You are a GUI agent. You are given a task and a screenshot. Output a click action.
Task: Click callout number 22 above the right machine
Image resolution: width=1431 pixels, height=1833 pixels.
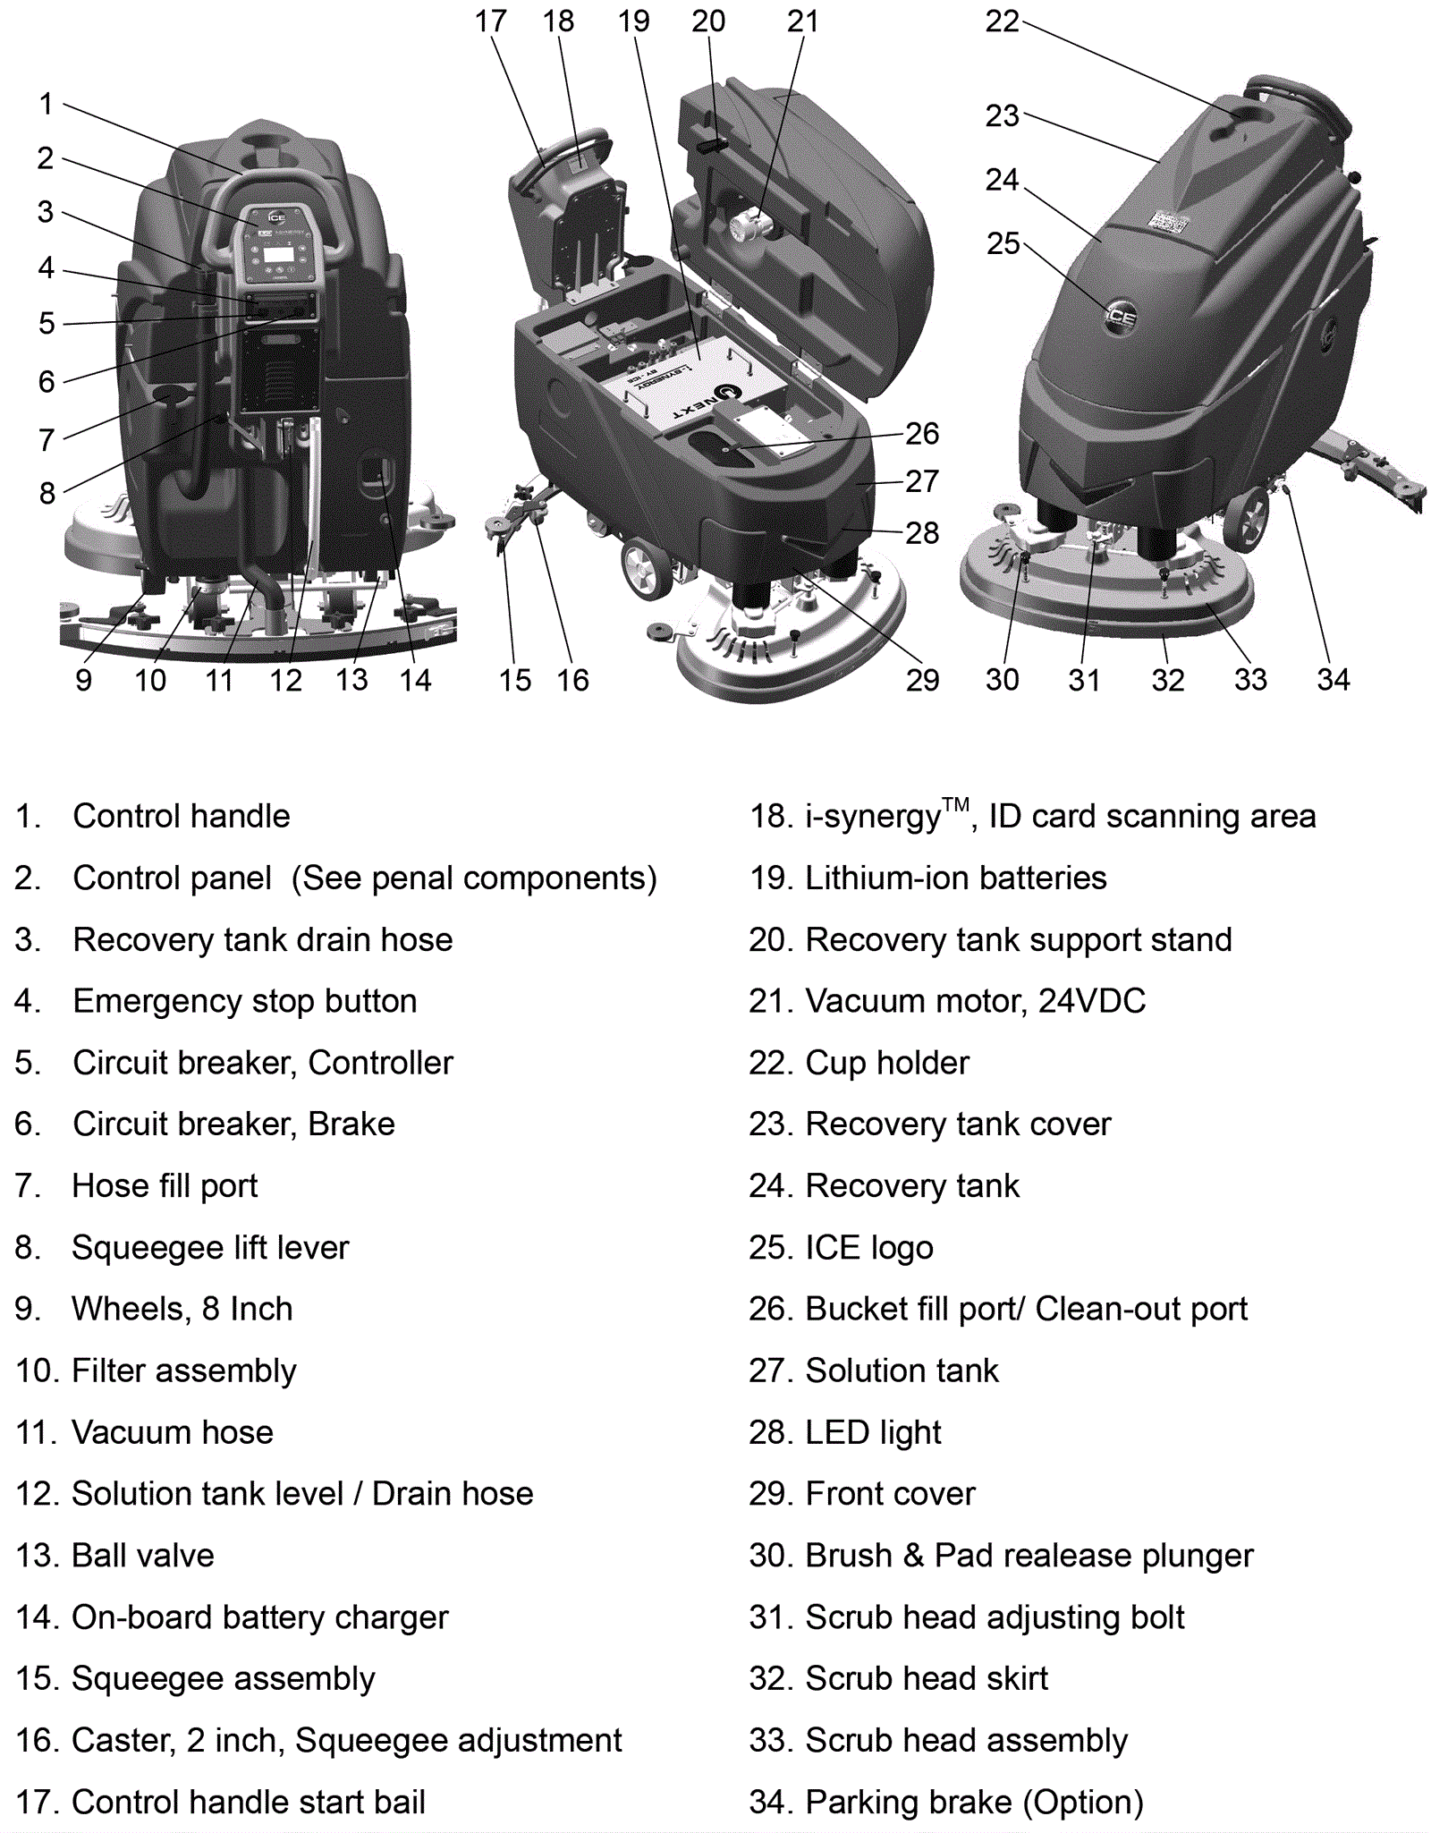1002,21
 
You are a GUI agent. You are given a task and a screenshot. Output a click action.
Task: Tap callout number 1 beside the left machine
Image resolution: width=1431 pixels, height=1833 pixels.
46,104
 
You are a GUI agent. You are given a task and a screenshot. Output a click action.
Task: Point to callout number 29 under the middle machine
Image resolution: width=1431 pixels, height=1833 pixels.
922,680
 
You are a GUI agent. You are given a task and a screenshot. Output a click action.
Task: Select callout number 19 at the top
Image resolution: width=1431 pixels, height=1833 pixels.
633,21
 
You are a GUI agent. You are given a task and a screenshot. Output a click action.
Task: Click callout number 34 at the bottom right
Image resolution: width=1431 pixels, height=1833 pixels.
1333,680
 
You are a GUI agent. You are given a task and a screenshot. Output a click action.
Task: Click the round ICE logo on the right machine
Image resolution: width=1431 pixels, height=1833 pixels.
1120,317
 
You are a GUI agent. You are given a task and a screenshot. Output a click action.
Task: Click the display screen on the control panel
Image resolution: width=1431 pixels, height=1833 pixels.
279,253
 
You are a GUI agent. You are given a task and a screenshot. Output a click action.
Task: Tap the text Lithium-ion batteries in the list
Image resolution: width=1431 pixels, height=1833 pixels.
955,878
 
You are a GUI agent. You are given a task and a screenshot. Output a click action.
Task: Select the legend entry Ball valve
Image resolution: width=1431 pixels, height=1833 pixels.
143,1556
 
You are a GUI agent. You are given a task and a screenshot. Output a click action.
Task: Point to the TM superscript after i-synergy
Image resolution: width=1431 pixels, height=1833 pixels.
955,804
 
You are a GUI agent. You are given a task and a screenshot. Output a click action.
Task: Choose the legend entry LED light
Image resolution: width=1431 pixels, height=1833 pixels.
873,1432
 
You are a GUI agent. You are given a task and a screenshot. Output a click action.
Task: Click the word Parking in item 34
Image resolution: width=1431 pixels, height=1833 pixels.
858,1802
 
